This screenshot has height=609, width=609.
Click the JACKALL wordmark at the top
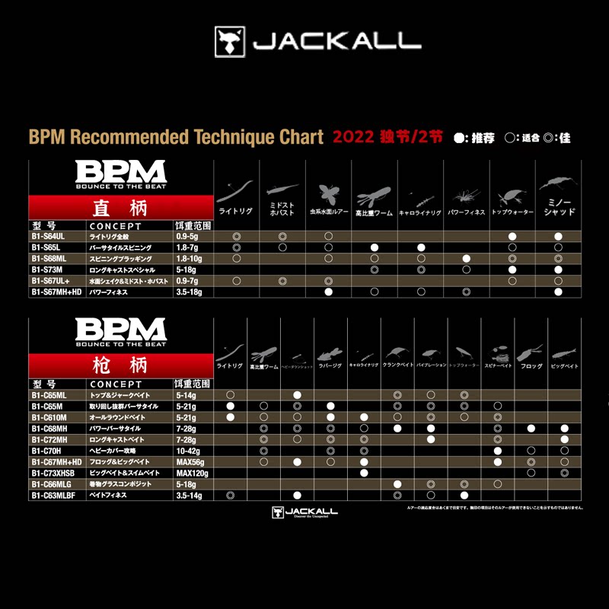coord(337,40)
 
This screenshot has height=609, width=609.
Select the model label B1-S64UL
coord(48,237)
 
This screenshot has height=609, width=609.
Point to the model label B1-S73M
coord(46,269)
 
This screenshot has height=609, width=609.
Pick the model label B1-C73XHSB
coord(53,473)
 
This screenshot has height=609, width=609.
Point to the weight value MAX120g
coord(193,473)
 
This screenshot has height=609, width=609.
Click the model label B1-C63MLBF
coord(53,495)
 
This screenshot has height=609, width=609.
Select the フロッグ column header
coord(531,366)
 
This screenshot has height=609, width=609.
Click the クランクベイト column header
coord(397,366)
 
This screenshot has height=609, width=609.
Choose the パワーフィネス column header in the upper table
coord(466,213)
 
